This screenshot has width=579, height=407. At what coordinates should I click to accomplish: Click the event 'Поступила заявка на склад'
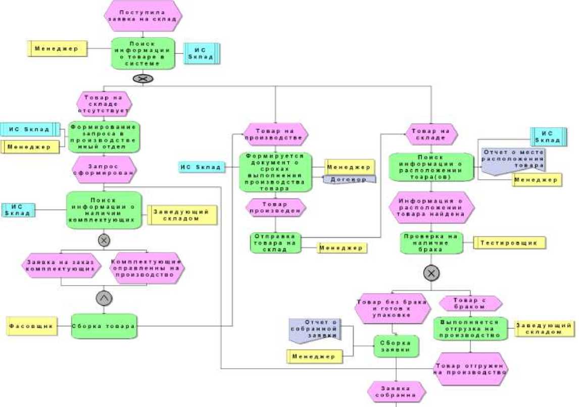pos(143,15)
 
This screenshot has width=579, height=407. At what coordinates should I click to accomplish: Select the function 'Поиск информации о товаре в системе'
pos(143,54)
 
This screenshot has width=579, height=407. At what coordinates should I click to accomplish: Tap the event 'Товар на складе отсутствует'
pos(104,103)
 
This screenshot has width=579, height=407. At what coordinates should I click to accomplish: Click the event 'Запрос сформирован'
pos(104,170)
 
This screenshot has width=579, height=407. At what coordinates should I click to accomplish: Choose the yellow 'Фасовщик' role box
pos(31,326)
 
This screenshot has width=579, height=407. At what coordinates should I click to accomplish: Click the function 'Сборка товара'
pos(104,326)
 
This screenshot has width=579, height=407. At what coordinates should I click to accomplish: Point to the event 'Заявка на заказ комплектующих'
pos(61,266)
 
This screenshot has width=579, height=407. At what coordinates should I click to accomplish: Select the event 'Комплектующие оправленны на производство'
pos(147,268)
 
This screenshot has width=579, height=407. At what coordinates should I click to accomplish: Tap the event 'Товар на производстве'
pos(275,133)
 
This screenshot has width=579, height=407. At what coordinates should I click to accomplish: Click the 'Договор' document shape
pos(349,179)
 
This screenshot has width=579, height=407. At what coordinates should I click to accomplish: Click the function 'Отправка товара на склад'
pos(275,243)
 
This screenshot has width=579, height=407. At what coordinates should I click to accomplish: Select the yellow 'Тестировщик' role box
pos(510,242)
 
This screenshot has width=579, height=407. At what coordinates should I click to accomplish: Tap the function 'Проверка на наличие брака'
pos(431,243)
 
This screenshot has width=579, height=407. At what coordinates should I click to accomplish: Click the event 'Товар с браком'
pos(470,303)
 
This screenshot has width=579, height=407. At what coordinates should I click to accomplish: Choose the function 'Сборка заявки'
pos(396,347)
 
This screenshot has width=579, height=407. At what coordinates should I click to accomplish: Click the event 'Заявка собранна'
pos(396,392)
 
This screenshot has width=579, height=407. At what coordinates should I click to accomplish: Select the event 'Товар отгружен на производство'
pos(470,369)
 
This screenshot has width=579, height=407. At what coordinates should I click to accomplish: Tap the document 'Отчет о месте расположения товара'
pos(513,160)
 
